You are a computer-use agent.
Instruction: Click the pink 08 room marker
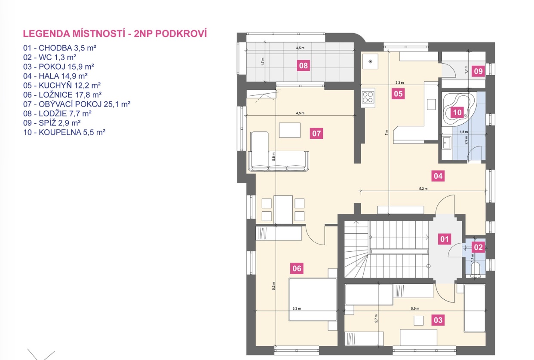click(303, 66)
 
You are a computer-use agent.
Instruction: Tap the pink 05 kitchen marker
click(398, 94)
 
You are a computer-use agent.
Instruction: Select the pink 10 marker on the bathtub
click(457, 112)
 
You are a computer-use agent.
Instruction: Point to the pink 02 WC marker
click(478, 247)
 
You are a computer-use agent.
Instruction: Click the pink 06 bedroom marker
click(297, 268)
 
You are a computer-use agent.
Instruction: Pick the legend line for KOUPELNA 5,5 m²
click(64, 132)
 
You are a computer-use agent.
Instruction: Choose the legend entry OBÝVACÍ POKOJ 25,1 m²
click(77, 104)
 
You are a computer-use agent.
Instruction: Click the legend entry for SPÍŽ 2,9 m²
click(52, 123)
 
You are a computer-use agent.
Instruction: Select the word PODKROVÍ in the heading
click(181, 34)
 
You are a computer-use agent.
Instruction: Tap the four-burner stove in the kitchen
click(368, 97)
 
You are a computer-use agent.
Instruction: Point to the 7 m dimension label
click(387, 132)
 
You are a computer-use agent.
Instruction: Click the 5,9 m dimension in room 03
click(415, 308)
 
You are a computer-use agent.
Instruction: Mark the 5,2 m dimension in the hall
click(423, 189)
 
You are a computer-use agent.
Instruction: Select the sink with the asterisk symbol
click(370, 61)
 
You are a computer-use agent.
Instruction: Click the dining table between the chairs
click(283, 210)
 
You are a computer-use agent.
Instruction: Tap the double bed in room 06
click(313, 299)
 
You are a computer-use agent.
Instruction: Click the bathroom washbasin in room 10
click(447, 143)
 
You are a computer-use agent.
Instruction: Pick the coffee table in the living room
click(290, 130)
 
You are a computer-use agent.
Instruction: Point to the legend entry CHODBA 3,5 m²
click(60, 48)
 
